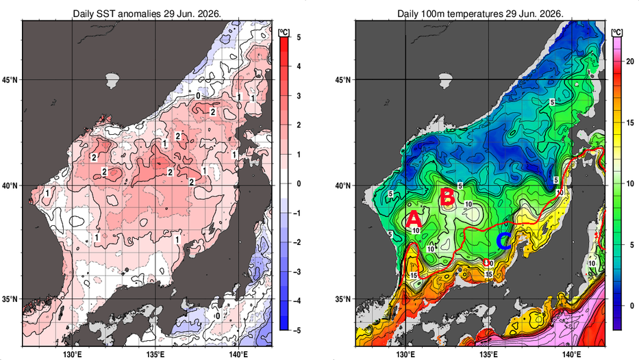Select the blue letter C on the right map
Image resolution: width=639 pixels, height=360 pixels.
click(503, 241)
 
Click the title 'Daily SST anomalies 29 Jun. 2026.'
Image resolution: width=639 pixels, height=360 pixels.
click(147, 14)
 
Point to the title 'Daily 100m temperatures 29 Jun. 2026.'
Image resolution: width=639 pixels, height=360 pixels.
click(481, 14)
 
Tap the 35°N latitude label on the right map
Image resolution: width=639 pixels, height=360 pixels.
click(342, 299)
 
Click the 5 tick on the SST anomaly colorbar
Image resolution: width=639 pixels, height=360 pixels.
click(299, 37)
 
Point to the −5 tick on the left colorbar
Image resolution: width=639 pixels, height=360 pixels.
click(297, 331)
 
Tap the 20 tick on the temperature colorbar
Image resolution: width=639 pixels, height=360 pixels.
click(630, 62)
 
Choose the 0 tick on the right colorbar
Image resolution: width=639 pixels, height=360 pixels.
click(631, 305)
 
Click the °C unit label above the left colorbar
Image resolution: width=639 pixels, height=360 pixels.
click(284, 32)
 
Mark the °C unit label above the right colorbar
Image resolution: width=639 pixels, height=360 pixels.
click(617, 32)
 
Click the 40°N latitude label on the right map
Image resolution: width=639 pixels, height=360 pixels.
click(342, 185)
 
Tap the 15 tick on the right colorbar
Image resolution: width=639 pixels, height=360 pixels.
click(630, 123)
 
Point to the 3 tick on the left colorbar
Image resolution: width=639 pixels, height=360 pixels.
click(299, 96)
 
